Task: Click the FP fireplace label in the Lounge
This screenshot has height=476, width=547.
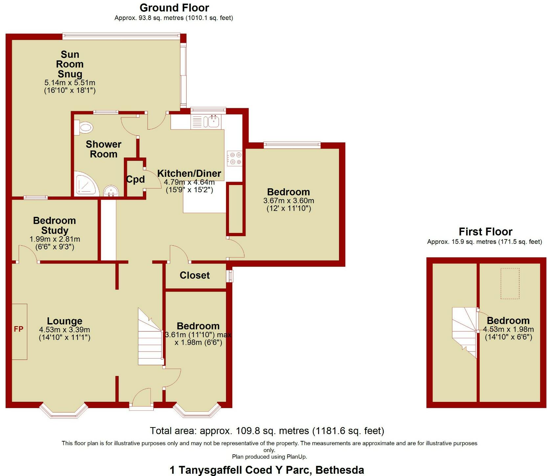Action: point(18,329)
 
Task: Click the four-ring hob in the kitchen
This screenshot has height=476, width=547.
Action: point(235,158)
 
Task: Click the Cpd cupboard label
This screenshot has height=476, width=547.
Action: point(135,179)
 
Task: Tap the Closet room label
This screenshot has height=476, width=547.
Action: point(194,275)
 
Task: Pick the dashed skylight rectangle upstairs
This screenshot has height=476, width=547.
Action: point(510,283)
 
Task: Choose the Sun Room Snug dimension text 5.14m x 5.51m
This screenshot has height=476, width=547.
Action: point(70,83)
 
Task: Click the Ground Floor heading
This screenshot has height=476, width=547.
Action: point(174,8)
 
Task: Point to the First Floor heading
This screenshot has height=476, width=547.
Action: point(485,232)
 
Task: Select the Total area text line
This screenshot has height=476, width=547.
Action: point(267,430)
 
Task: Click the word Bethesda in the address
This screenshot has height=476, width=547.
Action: point(340,470)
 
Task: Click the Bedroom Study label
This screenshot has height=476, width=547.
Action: point(55,225)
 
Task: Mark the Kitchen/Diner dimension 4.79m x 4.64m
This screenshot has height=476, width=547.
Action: point(189,182)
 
